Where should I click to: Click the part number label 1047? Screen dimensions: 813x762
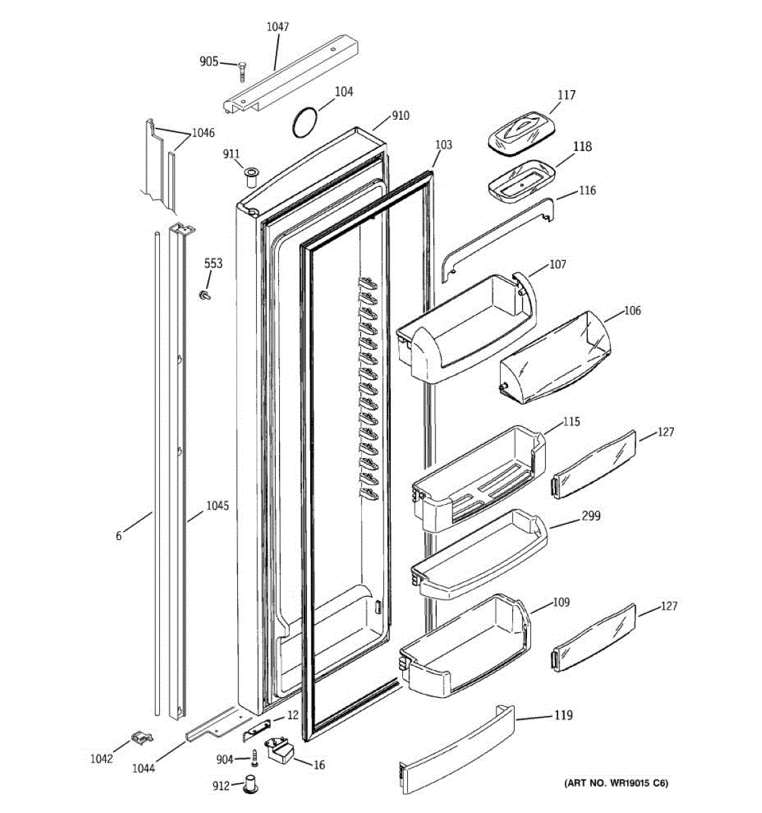point(277,27)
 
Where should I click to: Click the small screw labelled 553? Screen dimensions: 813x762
point(204,295)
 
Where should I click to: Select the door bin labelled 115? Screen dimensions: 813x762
point(478,477)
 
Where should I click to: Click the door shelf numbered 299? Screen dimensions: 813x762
point(478,555)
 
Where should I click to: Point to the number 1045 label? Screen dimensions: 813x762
point(217,505)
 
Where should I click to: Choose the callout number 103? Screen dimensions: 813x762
point(443,144)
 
